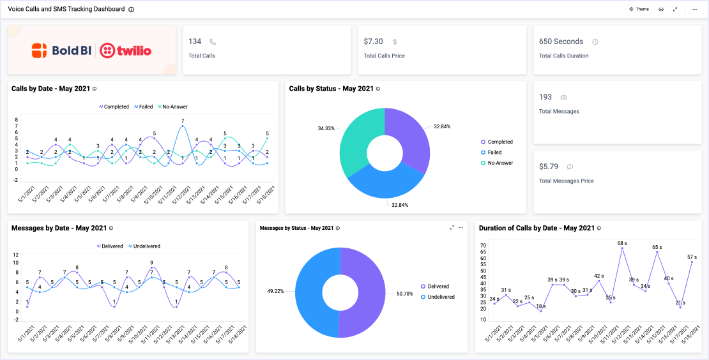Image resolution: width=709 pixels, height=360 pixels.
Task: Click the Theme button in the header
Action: (639, 10)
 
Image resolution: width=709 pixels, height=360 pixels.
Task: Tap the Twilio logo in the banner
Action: (126, 50)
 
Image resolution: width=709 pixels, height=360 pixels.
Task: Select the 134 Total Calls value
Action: (195, 41)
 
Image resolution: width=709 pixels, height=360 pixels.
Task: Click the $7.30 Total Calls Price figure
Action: (373, 41)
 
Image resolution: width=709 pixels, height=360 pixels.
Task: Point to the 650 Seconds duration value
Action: (561, 41)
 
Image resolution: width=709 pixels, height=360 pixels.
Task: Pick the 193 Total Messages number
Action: (545, 97)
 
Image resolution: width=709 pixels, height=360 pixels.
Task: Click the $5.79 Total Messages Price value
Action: (549, 167)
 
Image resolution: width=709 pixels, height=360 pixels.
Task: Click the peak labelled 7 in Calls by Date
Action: (183, 125)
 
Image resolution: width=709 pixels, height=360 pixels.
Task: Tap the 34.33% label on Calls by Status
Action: (326, 128)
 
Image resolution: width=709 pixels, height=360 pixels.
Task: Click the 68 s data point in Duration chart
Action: (622, 248)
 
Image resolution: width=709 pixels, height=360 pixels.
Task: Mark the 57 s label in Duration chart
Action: (692, 257)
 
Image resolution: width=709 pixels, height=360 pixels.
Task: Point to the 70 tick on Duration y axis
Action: (483, 245)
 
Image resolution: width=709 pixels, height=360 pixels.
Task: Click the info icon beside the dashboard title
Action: (132, 10)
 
